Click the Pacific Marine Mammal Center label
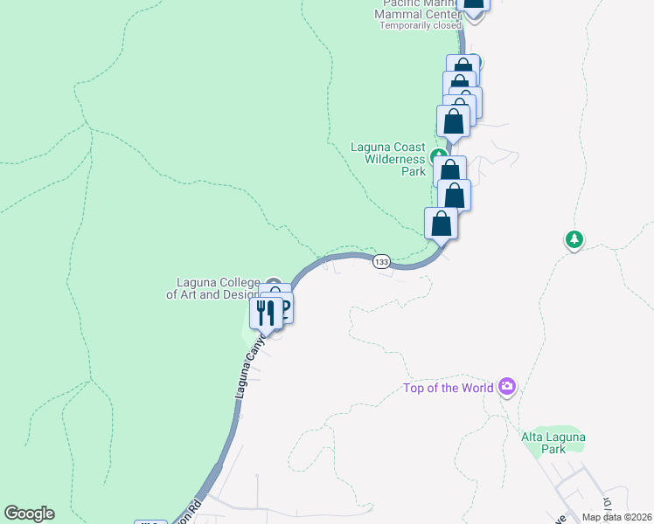(417, 9)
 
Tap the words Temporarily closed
(420, 25)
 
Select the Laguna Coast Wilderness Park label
(388, 159)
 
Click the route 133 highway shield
(381, 262)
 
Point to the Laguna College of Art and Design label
(214, 288)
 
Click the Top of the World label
(448, 389)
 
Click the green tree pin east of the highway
(574, 239)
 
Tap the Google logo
(29, 514)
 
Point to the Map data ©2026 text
(616, 517)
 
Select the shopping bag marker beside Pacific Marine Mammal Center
(474, 3)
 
